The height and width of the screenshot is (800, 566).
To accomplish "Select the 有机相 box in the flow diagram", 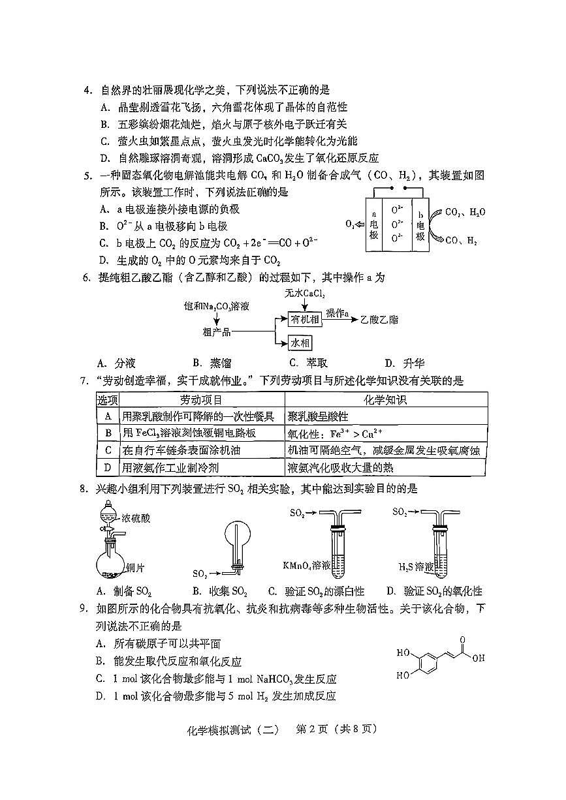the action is [306, 318].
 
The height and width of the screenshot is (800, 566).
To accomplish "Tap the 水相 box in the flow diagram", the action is [300, 343].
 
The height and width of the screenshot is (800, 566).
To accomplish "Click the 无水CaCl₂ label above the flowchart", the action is [305, 294].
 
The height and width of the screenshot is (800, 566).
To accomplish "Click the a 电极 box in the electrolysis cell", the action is [373, 225].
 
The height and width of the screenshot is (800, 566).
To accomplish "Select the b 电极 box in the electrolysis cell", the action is [420, 225].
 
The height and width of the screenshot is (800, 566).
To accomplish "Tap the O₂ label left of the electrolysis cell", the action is [350, 224].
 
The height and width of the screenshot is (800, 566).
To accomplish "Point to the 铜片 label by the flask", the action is [135, 567].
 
